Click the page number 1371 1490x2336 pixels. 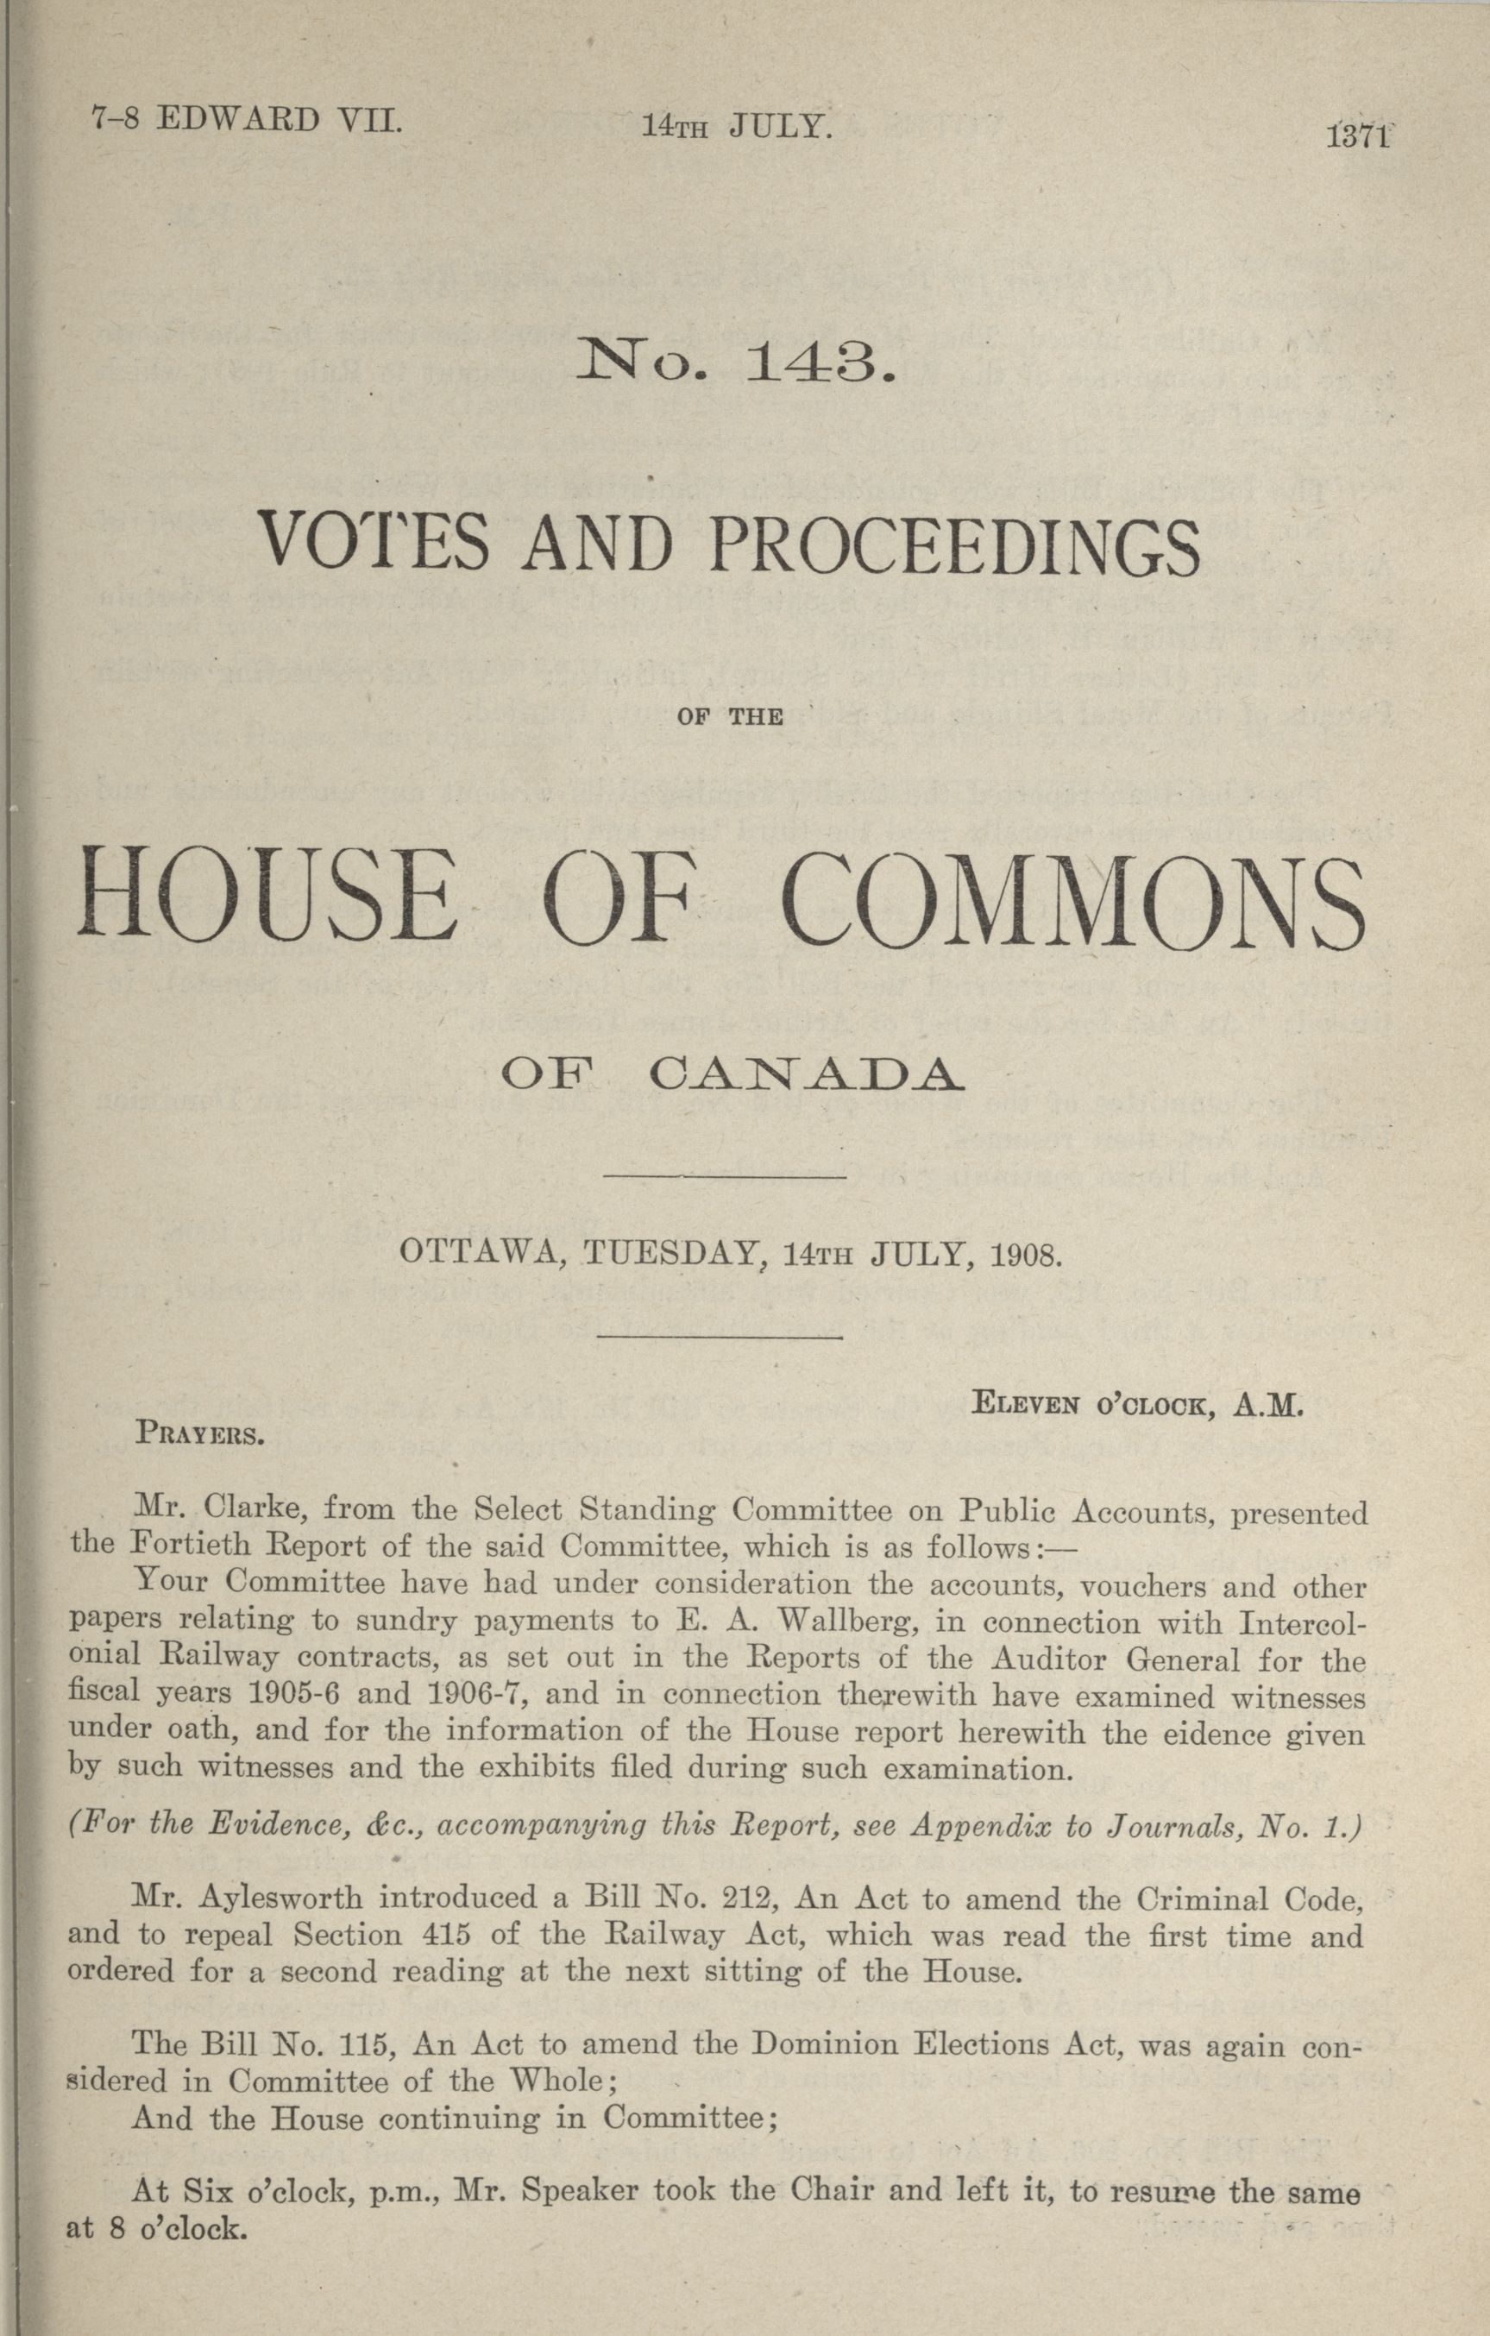(x=1359, y=135)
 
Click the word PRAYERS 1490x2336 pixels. (x=201, y=1432)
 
